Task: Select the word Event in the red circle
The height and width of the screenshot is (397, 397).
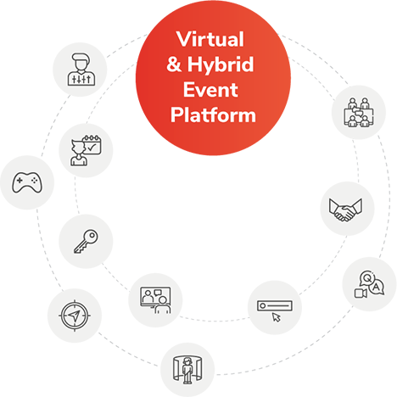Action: (x=213, y=89)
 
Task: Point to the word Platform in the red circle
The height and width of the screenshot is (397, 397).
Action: (x=213, y=114)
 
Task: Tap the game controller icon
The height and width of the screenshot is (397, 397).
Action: (x=20, y=181)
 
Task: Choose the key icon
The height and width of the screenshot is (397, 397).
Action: (x=85, y=239)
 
